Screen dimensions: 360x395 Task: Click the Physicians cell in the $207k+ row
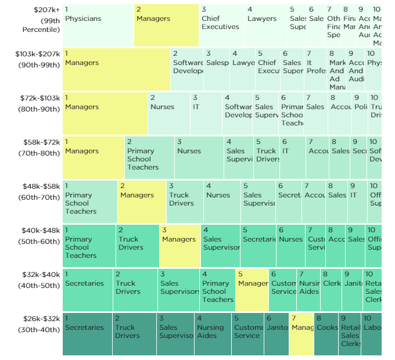coord(98,26)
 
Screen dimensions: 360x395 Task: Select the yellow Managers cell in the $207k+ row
coord(166,26)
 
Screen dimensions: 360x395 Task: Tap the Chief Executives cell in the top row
coord(221,26)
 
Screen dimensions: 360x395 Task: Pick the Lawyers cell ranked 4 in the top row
coord(265,26)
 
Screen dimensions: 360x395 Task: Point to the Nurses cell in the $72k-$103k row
coord(169,114)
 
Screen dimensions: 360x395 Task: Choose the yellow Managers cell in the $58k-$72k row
coord(94,157)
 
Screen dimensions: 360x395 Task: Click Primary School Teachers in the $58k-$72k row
coord(149,157)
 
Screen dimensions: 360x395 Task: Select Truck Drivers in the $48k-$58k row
coord(185,201)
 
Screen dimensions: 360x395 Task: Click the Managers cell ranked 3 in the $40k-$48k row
coord(180,246)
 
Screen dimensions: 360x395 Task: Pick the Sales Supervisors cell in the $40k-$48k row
coord(220,246)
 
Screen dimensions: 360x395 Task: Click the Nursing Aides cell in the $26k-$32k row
coord(213,334)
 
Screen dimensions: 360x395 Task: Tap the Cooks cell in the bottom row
coord(326,334)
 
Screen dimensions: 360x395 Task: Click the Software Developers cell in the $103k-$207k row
coord(187,70)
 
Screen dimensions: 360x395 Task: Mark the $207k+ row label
coord(41,20)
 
